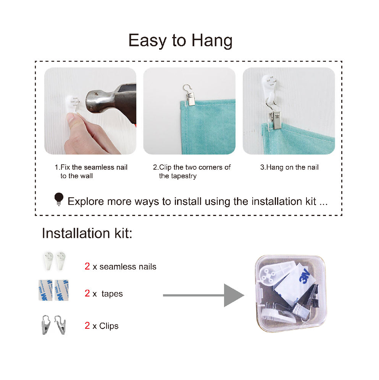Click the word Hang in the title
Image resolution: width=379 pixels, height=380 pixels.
212,41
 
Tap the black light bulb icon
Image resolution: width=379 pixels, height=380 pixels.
59,199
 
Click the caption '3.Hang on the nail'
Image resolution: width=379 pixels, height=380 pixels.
289,167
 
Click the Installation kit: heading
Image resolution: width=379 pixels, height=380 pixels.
87,233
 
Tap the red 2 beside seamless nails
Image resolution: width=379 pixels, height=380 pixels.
87,266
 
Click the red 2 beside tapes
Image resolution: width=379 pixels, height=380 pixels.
87,293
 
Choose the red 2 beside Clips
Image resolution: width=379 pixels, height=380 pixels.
87,325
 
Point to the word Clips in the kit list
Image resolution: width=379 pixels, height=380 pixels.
109,326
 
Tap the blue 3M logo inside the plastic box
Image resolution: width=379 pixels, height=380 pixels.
305,276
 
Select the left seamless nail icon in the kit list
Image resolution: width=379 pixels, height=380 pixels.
48,261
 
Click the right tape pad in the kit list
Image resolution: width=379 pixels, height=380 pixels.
61,290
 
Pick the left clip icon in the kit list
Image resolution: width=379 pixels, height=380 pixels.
46,325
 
